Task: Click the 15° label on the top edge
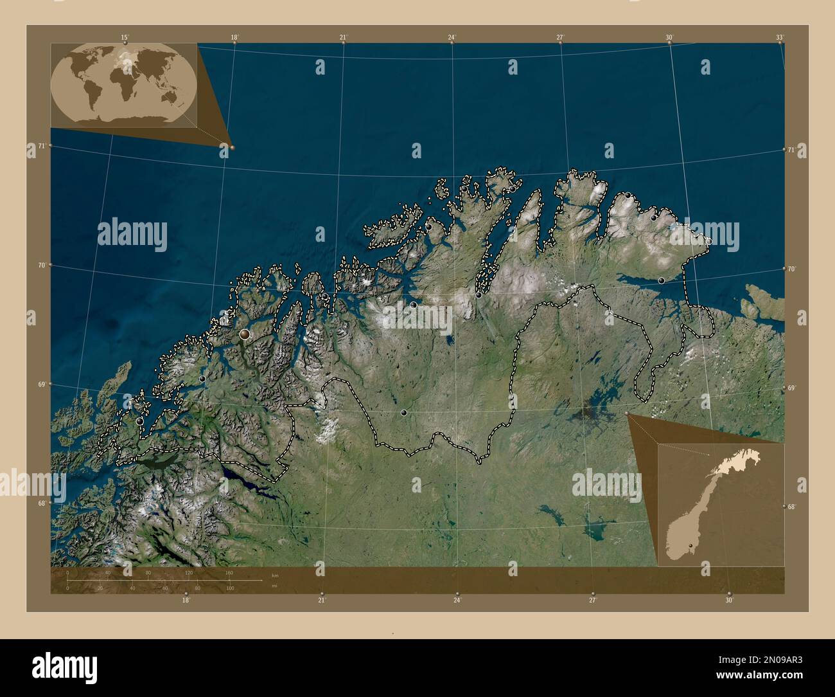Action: pos(125,37)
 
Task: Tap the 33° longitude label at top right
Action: pos(779,38)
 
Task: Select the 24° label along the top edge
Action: pos(452,37)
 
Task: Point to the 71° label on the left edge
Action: pos(40,146)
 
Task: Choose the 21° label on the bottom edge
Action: pos(322,600)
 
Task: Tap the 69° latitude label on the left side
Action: pos(40,384)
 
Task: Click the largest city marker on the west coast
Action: pos(245,334)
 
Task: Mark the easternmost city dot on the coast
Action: pos(708,241)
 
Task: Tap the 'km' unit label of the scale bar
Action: pos(275,575)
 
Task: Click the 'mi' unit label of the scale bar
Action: pos(275,586)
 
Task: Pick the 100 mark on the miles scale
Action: pos(229,588)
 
